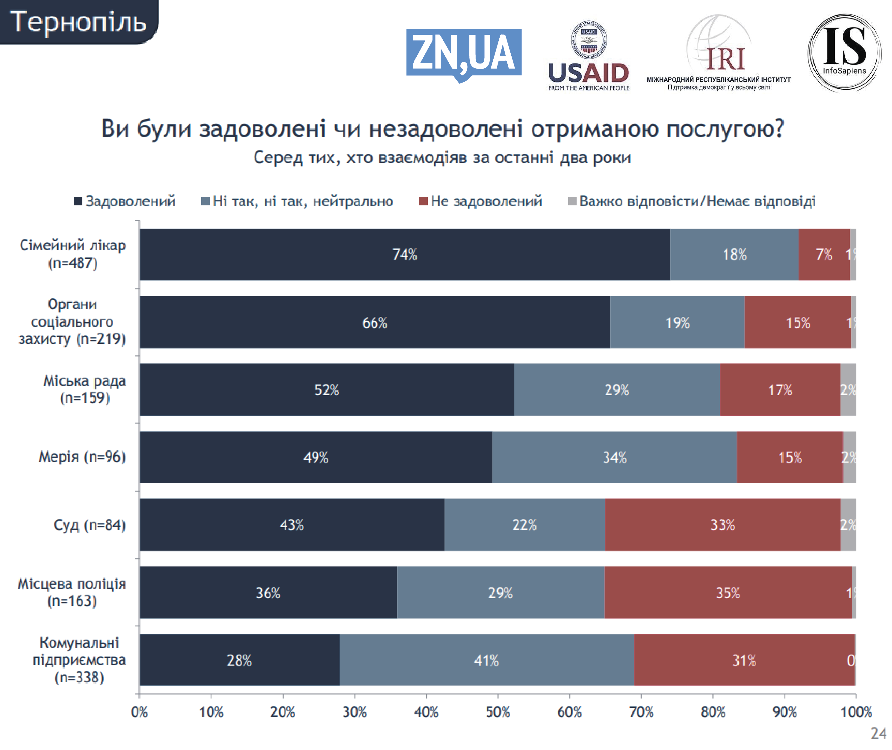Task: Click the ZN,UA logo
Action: coord(463,53)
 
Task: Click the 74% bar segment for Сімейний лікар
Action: coord(404,254)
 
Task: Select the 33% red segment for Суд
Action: coord(722,525)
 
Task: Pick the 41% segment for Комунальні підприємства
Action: coord(486,660)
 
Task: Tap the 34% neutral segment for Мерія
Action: coord(615,457)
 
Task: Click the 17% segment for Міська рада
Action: coord(780,390)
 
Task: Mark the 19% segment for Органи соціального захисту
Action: coord(677,322)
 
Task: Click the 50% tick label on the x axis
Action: coord(498,712)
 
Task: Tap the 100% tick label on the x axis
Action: coord(856,712)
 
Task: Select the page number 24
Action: coord(878,734)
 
